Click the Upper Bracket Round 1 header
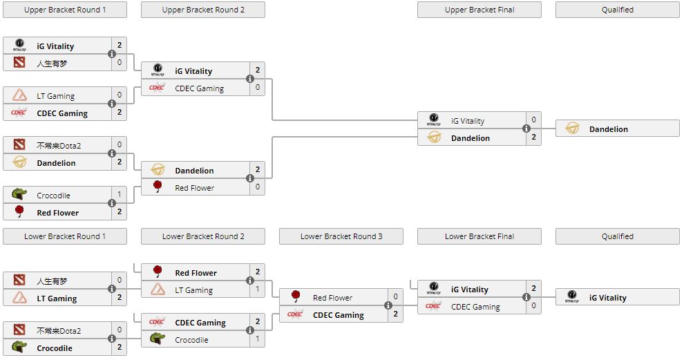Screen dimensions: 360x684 [x=65, y=10]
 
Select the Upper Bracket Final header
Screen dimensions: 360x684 [x=479, y=10]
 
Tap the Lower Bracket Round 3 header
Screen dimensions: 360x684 [x=341, y=236]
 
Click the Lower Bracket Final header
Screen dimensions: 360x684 [x=479, y=236]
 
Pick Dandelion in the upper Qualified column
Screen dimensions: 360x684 [x=608, y=129]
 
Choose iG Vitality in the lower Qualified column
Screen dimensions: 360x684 [x=607, y=298]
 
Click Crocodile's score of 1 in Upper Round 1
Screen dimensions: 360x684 [x=120, y=196]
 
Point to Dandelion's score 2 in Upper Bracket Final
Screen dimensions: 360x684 [x=534, y=138]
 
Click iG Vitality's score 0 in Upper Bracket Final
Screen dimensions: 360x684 [x=534, y=120]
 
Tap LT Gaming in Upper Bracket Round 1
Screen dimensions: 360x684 [x=55, y=96]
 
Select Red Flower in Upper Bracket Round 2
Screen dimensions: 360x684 [x=194, y=188]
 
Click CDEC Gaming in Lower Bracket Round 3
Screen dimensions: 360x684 [x=338, y=315]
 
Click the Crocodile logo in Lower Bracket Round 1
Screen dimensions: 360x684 [x=19, y=348]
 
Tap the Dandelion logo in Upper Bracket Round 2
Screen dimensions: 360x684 [x=158, y=170]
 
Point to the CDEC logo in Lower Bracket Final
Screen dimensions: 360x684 [x=434, y=306]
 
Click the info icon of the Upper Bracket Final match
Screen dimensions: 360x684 [x=526, y=129]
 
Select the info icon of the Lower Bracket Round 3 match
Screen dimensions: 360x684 [x=388, y=306]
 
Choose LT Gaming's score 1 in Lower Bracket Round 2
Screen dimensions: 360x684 [x=258, y=290]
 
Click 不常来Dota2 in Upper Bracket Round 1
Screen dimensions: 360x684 [x=59, y=145]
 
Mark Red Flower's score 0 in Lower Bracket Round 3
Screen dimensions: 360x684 [x=396, y=297]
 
